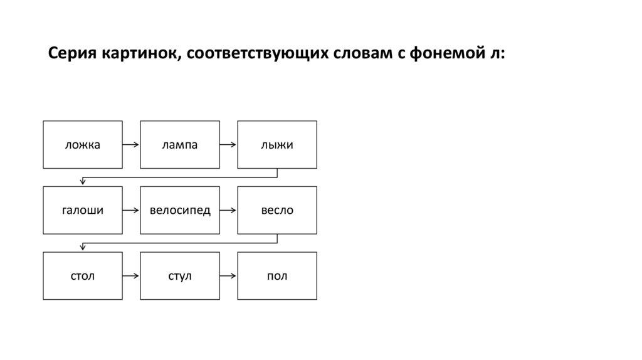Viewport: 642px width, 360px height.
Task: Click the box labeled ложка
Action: point(83,145)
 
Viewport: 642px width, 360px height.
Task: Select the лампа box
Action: point(180,145)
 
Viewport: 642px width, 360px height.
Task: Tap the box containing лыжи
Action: point(277,145)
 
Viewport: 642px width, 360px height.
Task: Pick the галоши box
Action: point(83,210)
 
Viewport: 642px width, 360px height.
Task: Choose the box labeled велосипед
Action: point(180,210)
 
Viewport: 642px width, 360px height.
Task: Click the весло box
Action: point(277,210)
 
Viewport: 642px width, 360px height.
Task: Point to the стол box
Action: point(83,275)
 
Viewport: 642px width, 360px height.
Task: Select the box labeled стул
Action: point(180,275)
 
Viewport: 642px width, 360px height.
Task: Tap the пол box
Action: point(277,275)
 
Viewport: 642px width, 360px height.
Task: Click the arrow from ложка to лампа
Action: point(131,145)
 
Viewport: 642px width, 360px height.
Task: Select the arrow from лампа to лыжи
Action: point(228,145)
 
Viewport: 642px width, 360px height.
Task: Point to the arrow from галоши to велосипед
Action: point(131,210)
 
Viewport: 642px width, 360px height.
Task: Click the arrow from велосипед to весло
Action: point(228,210)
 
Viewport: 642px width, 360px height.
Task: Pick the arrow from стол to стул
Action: point(131,275)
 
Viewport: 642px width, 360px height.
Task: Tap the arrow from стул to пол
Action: point(228,275)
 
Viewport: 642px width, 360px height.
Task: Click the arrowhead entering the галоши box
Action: point(83,183)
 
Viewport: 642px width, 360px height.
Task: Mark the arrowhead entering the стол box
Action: point(83,248)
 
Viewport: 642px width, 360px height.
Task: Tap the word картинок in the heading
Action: point(140,54)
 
